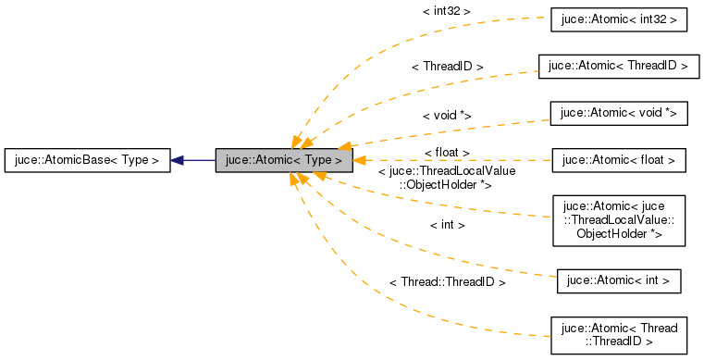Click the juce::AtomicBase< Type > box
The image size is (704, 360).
[x=88, y=160]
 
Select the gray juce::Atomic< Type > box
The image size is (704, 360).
[x=283, y=160]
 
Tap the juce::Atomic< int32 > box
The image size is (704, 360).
[x=618, y=19]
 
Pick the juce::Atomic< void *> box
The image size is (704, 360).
[x=618, y=113]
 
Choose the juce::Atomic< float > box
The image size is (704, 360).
[x=618, y=160]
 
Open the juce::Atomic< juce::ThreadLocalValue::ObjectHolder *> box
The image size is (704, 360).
[x=618, y=220]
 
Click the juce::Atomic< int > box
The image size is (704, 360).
[x=618, y=280]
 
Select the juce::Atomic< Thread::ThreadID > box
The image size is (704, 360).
[x=618, y=334]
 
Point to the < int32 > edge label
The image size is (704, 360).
[x=447, y=11]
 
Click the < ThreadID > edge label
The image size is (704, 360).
[x=447, y=67]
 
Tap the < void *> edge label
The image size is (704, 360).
[x=447, y=115]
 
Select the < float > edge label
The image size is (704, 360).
[x=447, y=151]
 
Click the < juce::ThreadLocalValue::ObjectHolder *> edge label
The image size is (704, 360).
[x=447, y=178]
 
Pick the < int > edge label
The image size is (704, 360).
[x=447, y=224]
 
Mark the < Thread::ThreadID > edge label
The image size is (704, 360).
[x=447, y=281]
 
